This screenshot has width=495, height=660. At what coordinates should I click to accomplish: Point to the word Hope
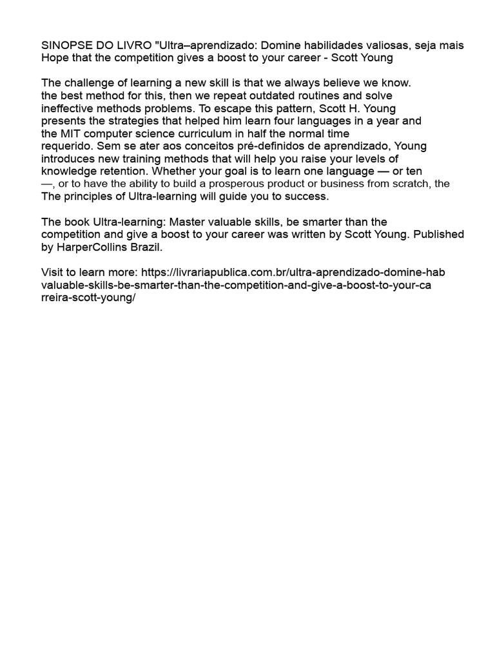pos(54,58)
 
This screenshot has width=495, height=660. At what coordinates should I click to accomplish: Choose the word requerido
pos(66,146)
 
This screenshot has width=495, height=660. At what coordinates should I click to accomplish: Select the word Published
pos(438,235)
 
